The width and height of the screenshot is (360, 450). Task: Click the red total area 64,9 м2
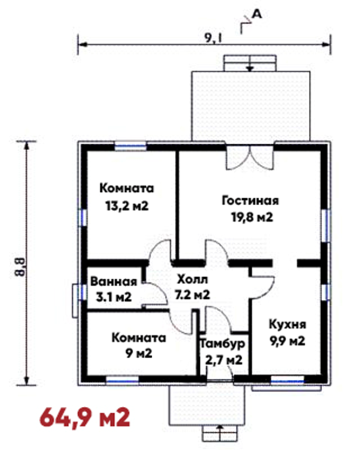(85, 418)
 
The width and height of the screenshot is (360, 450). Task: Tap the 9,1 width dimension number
(213, 38)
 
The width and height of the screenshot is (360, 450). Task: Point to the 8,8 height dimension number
(20, 267)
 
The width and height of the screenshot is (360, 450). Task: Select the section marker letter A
(257, 15)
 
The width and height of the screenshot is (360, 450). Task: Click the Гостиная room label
(250, 200)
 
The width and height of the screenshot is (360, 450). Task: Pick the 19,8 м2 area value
(252, 217)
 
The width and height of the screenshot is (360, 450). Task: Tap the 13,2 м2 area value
(127, 206)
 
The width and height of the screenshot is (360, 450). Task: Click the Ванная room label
(114, 282)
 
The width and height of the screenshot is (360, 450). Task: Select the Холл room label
(192, 279)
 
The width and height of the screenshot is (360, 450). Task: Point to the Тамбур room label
(222, 344)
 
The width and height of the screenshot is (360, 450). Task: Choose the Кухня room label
(288, 325)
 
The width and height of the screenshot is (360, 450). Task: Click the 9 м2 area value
(139, 353)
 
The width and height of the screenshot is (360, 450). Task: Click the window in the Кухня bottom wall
(287, 381)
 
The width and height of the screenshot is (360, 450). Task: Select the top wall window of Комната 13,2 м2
(131, 146)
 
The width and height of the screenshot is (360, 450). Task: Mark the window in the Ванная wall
(83, 292)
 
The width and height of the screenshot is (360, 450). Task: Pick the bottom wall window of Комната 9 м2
(123, 380)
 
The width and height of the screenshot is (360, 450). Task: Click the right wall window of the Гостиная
(325, 226)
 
